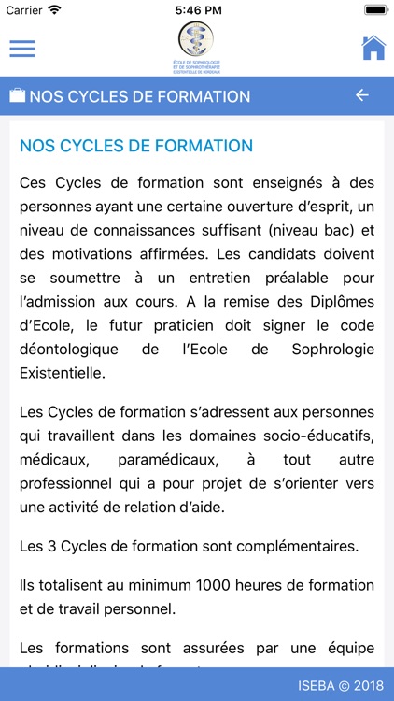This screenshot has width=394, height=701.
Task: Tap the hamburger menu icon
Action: click(x=21, y=49)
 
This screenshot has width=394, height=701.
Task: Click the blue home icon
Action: click(x=373, y=48)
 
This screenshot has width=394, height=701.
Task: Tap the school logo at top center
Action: click(x=196, y=48)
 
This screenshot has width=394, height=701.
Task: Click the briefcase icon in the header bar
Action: click(x=17, y=96)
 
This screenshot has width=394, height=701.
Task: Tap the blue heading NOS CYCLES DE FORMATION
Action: click(x=136, y=146)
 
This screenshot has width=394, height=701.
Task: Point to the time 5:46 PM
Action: click(x=196, y=9)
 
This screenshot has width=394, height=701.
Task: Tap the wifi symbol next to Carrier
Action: click(x=54, y=9)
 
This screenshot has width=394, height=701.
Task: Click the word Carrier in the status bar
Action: click(x=24, y=9)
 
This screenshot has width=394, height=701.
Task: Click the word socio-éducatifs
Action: click(x=311, y=436)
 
